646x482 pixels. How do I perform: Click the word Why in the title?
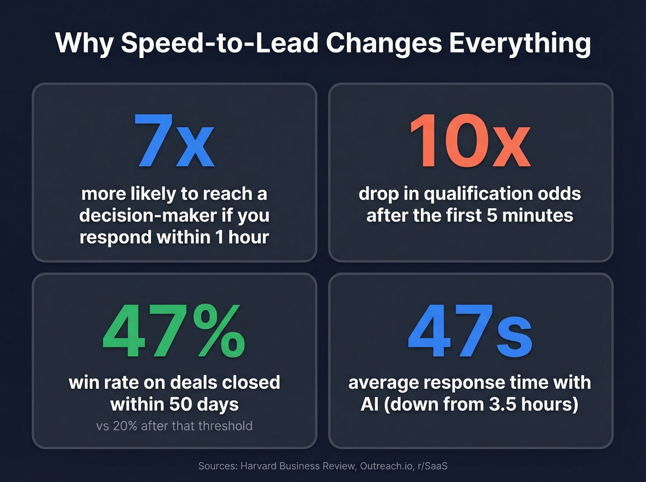(x=84, y=43)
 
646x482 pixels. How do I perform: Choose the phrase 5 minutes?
(x=530, y=215)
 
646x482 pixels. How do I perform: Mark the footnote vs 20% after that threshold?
(x=174, y=425)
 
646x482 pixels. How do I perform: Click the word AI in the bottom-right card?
(x=370, y=404)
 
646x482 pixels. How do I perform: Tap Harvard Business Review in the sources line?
(x=298, y=466)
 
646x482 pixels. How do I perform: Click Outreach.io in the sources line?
(x=386, y=466)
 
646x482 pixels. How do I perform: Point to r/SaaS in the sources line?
(x=432, y=466)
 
